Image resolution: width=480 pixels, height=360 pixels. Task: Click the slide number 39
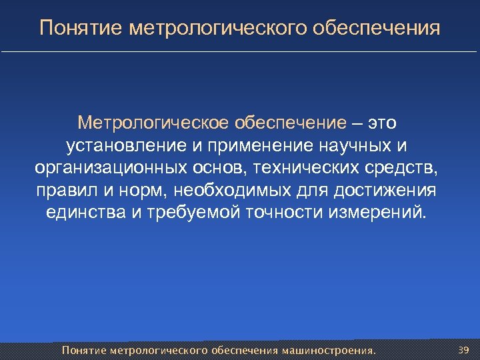(464, 349)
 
